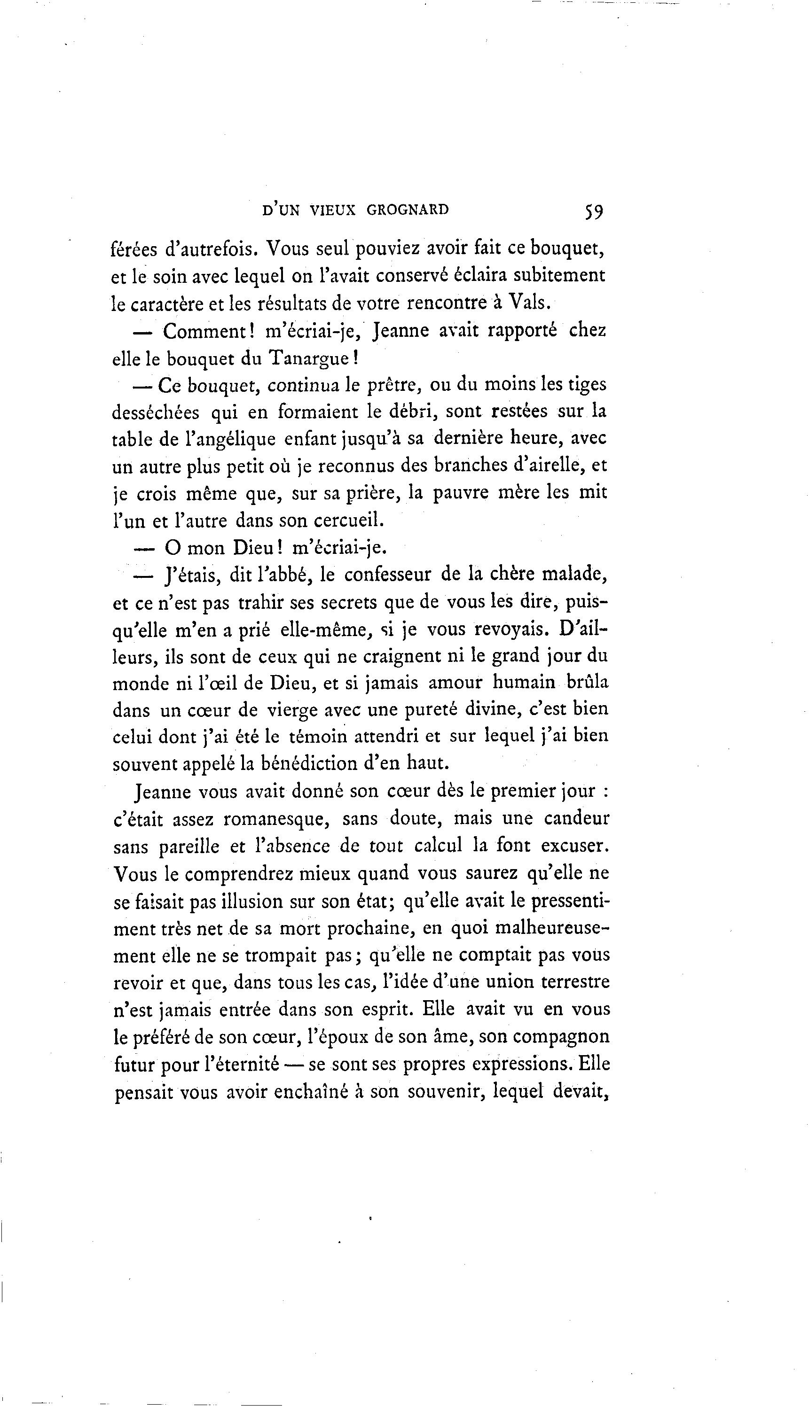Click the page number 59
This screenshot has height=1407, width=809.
point(593,211)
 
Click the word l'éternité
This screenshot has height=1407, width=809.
point(242,1065)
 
